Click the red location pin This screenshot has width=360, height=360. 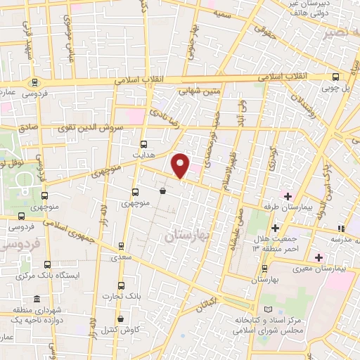pyautogui.click(x=181, y=165)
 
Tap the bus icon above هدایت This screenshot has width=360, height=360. pyautogui.click(x=144, y=141)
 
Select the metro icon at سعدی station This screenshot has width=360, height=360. pyautogui.click(x=121, y=246)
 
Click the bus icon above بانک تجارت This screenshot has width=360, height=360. pyautogui.click(x=121, y=285)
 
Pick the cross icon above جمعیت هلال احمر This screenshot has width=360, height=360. pyautogui.click(x=275, y=227)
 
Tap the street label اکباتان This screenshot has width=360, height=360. pyautogui.click(x=205, y=304)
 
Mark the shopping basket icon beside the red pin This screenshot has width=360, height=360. pyautogui.click(x=163, y=190)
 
